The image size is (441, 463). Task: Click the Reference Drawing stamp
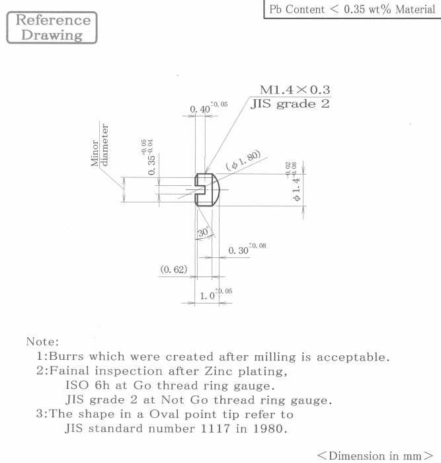coord(52,28)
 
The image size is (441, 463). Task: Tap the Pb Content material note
coord(352,9)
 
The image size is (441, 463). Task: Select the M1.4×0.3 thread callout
coord(295,90)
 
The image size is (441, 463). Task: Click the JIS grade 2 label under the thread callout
coord(290,104)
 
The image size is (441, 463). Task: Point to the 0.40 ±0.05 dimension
coord(209,107)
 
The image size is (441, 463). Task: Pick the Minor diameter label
coord(100,145)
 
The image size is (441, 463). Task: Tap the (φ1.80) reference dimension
coord(243,160)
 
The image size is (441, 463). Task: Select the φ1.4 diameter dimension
coord(293,181)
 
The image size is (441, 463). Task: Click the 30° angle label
coord(204,232)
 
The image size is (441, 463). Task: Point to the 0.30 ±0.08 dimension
coord(247,249)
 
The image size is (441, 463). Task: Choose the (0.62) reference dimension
coord(174,269)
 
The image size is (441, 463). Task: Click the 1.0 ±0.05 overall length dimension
coord(216,294)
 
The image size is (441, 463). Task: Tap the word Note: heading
coord(42,342)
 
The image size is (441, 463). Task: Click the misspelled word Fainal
coord(69,370)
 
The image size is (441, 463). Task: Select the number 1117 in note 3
coord(215,428)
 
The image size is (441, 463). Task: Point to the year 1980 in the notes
coord(270,428)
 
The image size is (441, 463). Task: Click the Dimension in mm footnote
coord(375,455)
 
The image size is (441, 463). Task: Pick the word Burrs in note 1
coord(66,356)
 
